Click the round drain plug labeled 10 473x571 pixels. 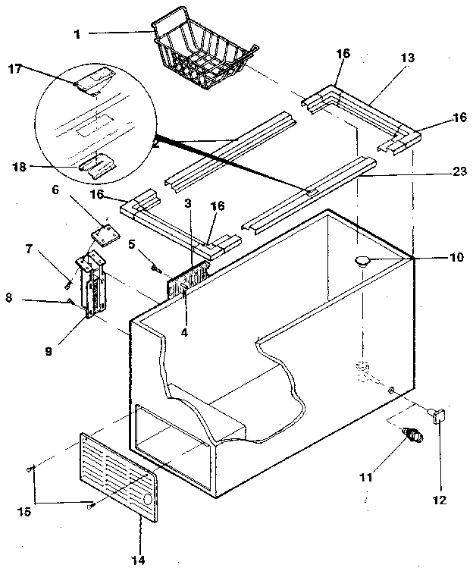click(362, 262)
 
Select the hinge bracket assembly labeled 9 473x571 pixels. click(92, 288)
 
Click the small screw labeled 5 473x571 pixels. click(156, 266)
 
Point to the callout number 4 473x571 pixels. click(185, 331)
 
